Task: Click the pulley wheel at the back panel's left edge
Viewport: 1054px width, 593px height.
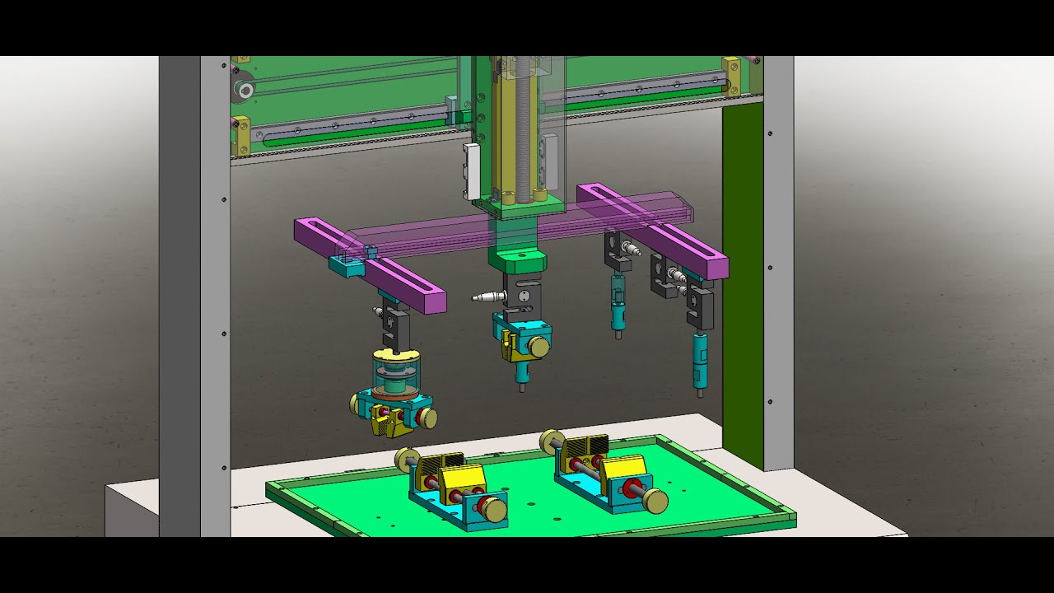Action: click(x=243, y=90)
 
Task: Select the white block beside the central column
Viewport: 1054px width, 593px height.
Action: click(x=471, y=171)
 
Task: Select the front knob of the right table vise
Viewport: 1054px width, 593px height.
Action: click(x=655, y=500)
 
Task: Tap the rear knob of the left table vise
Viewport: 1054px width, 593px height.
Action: click(x=406, y=459)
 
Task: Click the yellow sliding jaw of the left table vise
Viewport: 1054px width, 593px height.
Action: click(x=461, y=483)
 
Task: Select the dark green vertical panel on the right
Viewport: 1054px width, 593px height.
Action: click(x=742, y=272)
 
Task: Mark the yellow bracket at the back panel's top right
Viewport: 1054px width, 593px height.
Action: click(x=731, y=77)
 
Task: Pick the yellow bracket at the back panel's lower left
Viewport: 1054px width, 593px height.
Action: click(x=240, y=136)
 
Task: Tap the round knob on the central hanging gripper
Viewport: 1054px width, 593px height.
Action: click(x=539, y=348)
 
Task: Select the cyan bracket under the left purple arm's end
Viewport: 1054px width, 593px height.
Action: click(x=345, y=266)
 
